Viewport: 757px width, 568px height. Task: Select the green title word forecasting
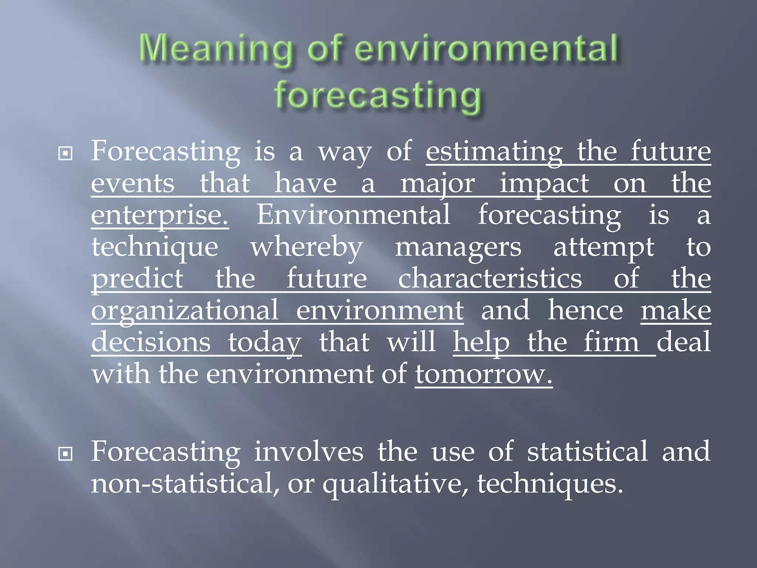point(378,95)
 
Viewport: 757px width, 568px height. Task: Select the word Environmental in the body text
point(353,214)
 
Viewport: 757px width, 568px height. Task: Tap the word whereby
point(306,247)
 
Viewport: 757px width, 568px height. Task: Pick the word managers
point(458,247)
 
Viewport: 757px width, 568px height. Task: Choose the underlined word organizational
point(185,311)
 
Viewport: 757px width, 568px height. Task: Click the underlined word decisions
point(151,342)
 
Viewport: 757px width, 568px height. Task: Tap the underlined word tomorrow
point(483,374)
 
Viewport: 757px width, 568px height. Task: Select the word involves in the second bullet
point(309,452)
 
